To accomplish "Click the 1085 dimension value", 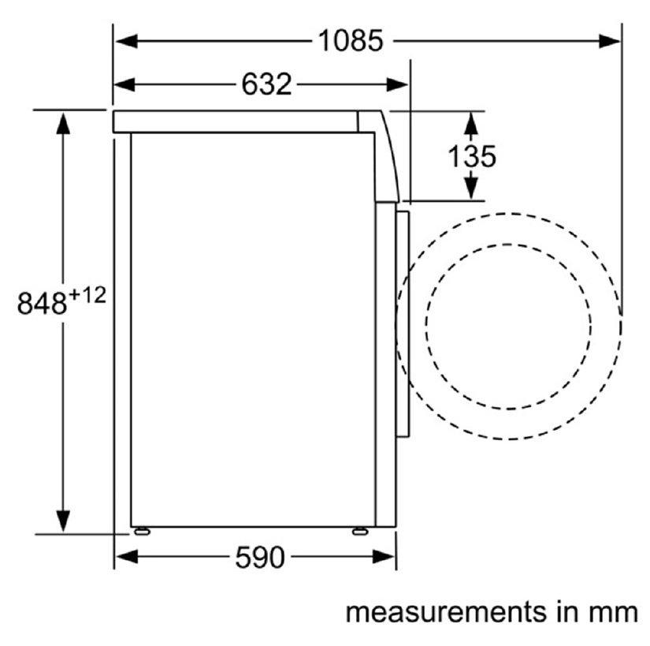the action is click(x=351, y=41).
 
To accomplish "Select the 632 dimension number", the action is click(x=266, y=84).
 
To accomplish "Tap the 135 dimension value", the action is click(x=472, y=156).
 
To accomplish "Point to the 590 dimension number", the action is click(x=260, y=557).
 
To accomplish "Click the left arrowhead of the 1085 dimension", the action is click(x=126, y=41).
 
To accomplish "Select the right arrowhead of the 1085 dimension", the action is click(x=610, y=41).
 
